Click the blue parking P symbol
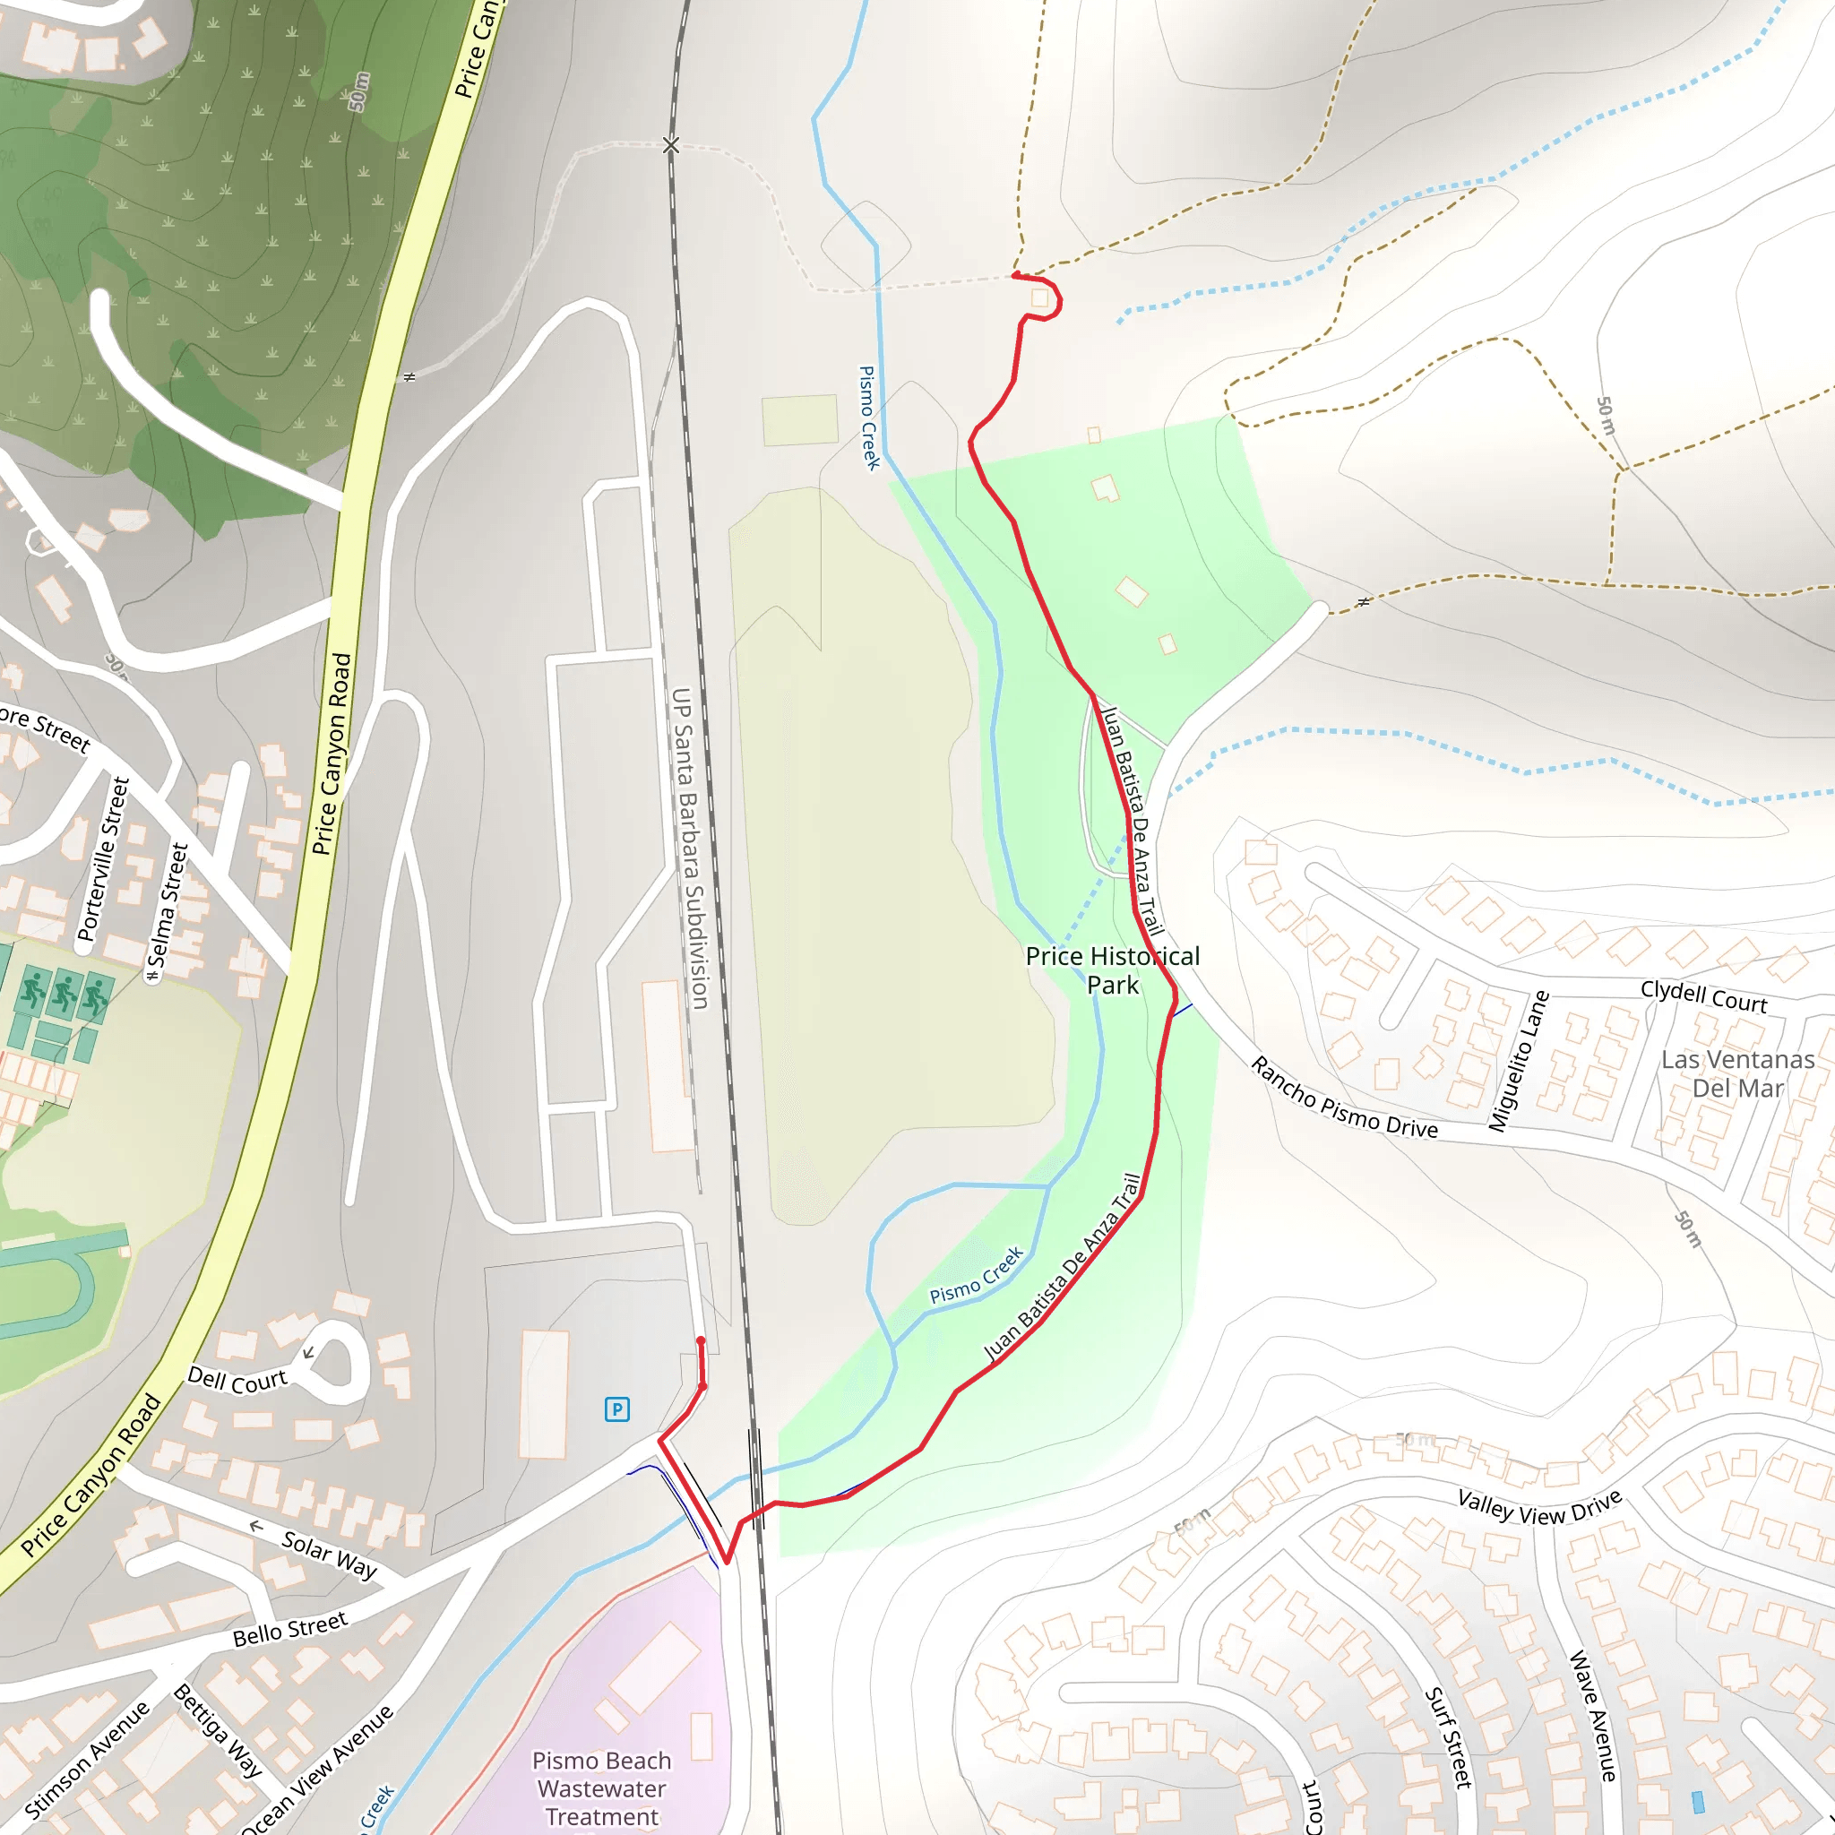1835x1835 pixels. click(x=617, y=1409)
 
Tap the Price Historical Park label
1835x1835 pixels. click(x=1112, y=969)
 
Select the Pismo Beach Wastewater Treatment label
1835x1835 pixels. click(x=601, y=1788)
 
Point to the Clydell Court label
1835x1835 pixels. click(x=1704, y=996)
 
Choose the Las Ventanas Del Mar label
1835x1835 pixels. click(x=1737, y=1073)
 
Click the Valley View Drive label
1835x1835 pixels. click(x=1539, y=1507)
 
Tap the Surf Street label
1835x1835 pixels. click(x=1449, y=1737)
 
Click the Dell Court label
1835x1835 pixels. click(x=237, y=1380)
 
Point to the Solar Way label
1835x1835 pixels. click(x=330, y=1555)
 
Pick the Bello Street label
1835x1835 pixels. click(x=290, y=1629)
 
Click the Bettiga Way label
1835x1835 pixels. click(x=218, y=1729)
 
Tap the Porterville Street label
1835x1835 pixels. click(x=102, y=858)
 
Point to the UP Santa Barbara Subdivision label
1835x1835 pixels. click(x=691, y=848)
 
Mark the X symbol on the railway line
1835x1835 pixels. click(x=670, y=145)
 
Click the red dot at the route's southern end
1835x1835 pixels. click(x=701, y=1340)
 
